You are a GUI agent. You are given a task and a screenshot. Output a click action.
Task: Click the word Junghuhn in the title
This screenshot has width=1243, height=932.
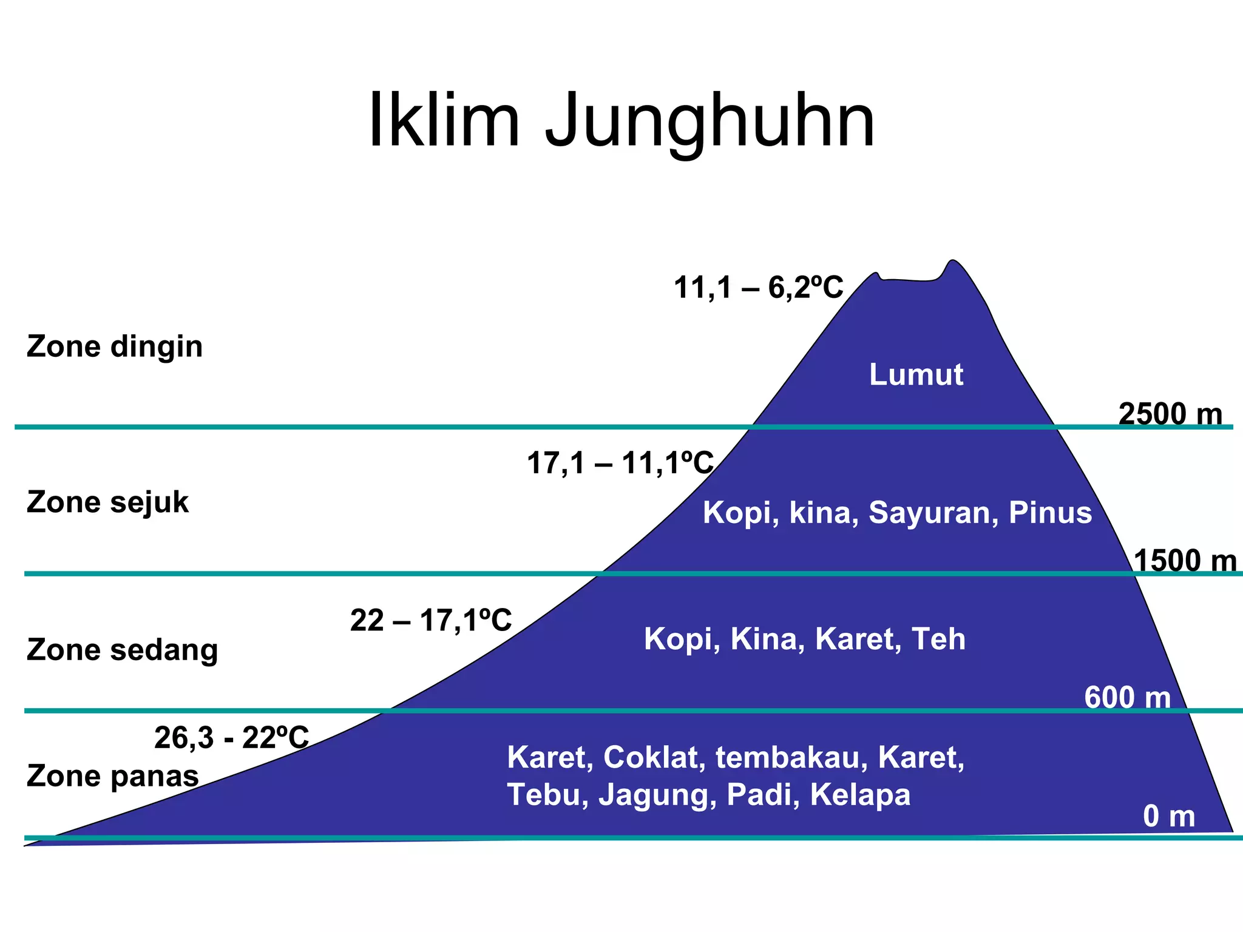(710, 121)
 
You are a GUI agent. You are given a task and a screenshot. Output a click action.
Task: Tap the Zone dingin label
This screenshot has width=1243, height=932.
(115, 347)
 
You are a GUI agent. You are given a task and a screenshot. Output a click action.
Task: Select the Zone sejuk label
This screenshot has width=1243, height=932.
(107, 502)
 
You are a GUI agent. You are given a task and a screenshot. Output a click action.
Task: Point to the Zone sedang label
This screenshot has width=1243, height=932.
(122, 650)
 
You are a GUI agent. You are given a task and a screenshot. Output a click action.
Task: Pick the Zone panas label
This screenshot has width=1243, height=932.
(113, 776)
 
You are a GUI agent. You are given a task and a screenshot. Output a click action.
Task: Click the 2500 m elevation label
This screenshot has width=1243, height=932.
(1170, 414)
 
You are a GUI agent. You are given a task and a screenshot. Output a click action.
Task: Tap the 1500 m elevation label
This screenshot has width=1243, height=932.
(1185, 561)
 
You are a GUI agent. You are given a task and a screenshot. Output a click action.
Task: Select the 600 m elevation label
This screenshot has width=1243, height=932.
(1127, 697)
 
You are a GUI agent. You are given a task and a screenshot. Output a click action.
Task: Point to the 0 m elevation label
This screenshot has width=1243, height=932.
(1168, 817)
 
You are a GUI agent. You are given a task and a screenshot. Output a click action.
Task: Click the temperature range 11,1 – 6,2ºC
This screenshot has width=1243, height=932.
(759, 287)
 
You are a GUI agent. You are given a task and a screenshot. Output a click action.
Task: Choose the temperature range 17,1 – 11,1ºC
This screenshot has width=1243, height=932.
(620, 463)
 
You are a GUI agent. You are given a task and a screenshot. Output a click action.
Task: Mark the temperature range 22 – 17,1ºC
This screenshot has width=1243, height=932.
(431, 621)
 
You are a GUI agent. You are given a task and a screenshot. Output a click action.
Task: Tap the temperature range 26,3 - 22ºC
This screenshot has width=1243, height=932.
(232, 738)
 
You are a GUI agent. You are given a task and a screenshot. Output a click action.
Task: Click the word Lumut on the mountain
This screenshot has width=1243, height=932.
(916, 374)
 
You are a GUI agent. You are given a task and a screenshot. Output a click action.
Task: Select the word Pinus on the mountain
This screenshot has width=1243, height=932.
(1050, 513)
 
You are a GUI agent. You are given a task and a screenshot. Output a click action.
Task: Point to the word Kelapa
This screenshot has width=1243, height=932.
(860, 795)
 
